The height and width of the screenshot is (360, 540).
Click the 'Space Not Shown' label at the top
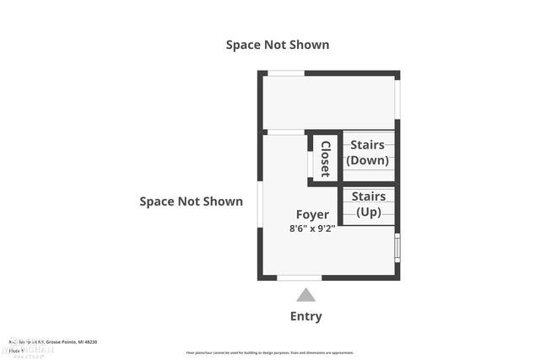tap(277, 45)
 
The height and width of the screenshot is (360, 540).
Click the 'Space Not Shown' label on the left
tap(191, 201)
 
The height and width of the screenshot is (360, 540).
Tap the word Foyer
tap(312, 214)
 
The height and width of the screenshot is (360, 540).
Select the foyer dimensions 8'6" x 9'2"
tap(312, 228)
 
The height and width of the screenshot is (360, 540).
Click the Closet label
tap(325, 158)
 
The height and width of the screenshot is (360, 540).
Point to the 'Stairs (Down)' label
tap(367, 153)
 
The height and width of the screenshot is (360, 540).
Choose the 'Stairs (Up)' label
tap(368, 205)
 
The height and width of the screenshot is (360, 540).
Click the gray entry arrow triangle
tap(305, 294)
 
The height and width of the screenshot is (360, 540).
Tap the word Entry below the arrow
tap(305, 316)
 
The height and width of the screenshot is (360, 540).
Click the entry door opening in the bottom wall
tap(300, 277)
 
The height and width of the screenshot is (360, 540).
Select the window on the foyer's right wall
tap(397, 248)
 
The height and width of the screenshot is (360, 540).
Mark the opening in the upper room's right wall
tap(397, 100)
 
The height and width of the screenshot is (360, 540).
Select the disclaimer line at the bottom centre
tap(270, 352)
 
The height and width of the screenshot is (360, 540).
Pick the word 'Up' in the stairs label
tap(368, 212)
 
